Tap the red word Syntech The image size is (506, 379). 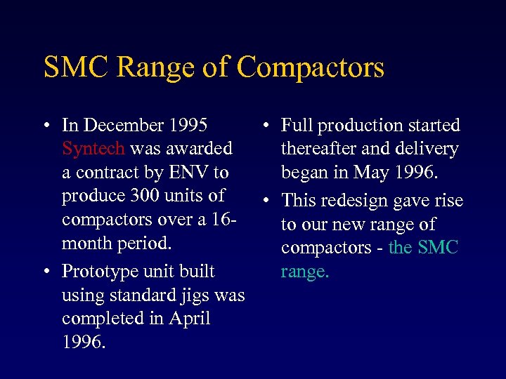point(93,149)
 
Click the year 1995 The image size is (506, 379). point(188,126)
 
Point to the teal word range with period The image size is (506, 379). point(304,272)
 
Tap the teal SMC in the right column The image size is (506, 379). point(439,248)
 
